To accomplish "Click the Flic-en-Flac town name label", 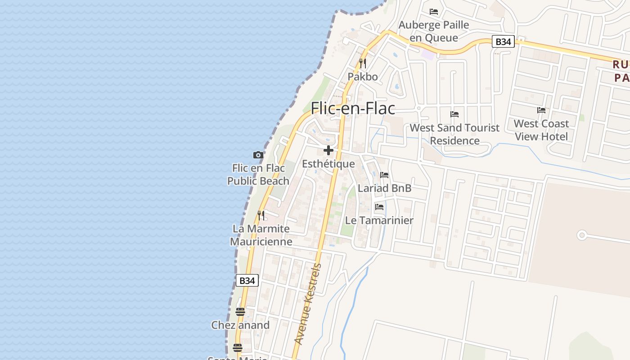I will click(353, 108).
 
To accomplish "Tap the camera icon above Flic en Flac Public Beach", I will click(258, 155).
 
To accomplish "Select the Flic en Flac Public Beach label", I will click(258, 175).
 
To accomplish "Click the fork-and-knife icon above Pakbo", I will click(363, 63).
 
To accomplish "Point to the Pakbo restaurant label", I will click(363, 77).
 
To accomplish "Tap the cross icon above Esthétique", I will click(328, 150).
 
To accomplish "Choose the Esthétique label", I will click(328, 164).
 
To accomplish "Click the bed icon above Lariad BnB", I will click(384, 175).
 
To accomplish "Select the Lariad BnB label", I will click(384, 188).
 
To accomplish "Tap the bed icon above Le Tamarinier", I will click(379, 207).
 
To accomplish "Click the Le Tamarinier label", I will click(379, 220).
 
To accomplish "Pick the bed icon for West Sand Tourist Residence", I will click(454, 114).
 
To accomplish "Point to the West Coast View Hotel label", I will click(541, 130).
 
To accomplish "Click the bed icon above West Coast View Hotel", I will click(541, 110).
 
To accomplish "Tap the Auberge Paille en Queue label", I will click(434, 31).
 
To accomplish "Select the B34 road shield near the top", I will click(503, 42).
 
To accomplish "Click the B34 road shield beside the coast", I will click(247, 281).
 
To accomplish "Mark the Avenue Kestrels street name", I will click(308, 304).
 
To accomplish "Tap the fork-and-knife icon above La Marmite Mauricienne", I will click(261, 216).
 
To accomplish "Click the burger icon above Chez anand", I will click(240, 312).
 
